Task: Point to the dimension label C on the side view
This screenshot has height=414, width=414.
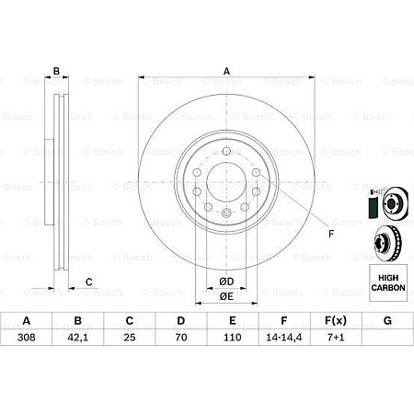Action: [89, 282]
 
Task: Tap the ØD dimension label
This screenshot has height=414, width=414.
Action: [226, 281]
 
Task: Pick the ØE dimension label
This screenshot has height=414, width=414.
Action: [226, 295]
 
